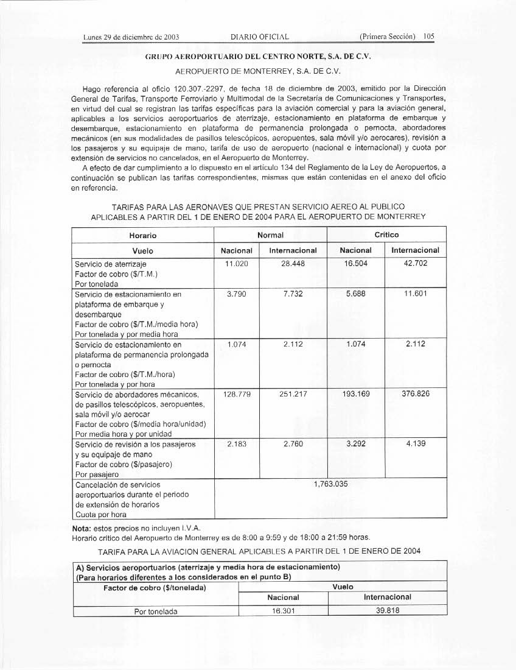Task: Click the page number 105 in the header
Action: pos(429,37)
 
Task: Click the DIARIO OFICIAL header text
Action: pos(256,37)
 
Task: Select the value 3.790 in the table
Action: pos(236,294)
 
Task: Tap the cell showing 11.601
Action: pos(416,294)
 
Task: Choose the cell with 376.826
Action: pos(416,394)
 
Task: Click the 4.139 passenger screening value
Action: pos(416,444)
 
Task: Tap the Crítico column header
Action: pos(386,234)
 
